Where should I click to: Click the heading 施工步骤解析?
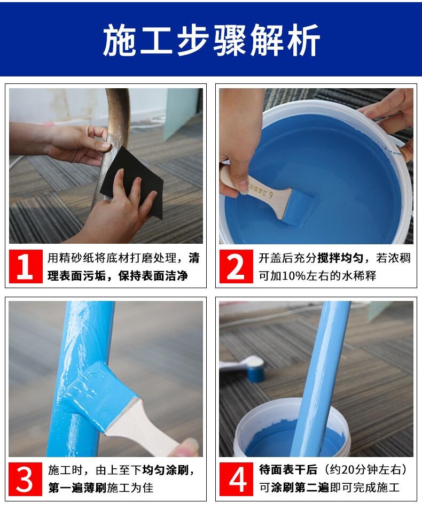pyautogui.click(x=212, y=40)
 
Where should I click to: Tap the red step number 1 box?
pyautogui.click(x=26, y=266)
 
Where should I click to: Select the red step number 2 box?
pyautogui.click(x=236, y=266)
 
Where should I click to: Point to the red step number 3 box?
pyautogui.click(x=25, y=479)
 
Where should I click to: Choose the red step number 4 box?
pyautogui.click(x=236, y=479)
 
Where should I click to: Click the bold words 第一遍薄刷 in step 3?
pyautogui.click(x=77, y=488)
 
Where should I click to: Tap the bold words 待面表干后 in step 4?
pyautogui.click(x=288, y=470)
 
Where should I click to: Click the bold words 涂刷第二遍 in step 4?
pyautogui.click(x=300, y=488)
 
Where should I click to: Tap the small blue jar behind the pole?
pyautogui.click(x=255, y=369)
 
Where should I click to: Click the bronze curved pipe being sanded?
pyautogui.click(x=111, y=143)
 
